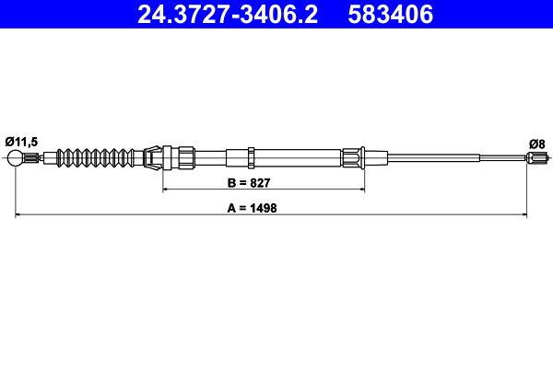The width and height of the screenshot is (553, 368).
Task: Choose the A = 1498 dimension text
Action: point(252,208)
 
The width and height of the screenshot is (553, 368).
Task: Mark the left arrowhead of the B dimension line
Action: point(167,190)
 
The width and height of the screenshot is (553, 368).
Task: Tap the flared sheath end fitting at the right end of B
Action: point(355,157)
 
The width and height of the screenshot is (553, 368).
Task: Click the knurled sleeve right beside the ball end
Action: point(34,158)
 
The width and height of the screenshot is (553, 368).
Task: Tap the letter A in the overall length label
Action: point(230,208)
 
